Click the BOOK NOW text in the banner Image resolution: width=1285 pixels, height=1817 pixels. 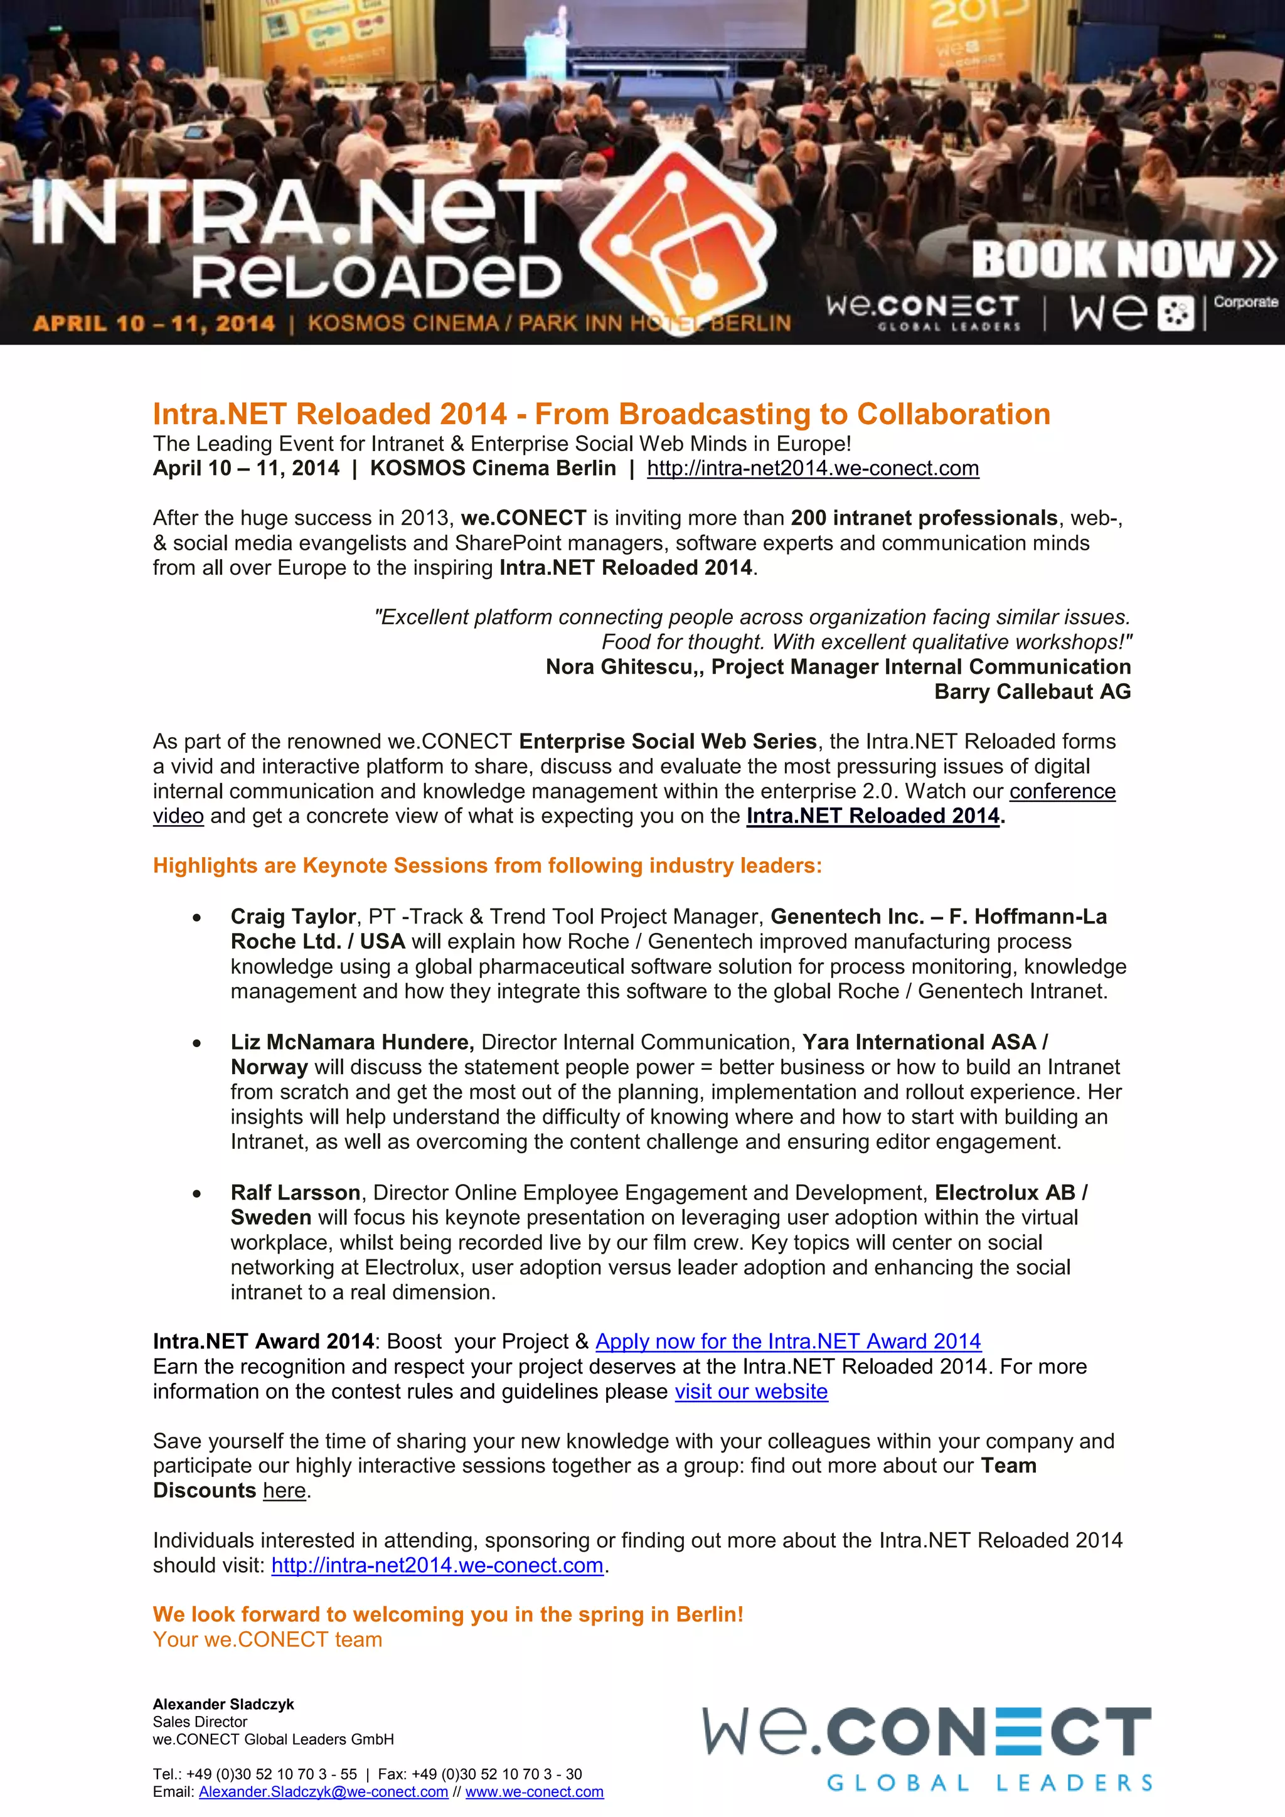[1104, 260]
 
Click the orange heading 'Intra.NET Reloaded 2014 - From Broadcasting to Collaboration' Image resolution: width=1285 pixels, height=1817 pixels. [601, 414]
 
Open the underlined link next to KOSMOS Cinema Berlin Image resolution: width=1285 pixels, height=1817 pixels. [813, 469]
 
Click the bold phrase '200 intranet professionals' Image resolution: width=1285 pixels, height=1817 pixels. [924, 518]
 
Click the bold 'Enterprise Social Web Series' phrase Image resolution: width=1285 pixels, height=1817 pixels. [667, 742]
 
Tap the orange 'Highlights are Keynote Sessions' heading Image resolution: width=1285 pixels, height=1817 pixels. [488, 866]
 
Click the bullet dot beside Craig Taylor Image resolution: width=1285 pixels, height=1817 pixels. [197, 918]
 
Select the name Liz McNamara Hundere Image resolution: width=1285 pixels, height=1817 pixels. [352, 1042]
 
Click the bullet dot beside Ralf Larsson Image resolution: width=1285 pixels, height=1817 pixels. [197, 1194]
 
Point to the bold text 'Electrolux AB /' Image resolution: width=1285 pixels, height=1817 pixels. [1010, 1193]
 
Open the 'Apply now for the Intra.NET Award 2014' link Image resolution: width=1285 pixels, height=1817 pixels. [788, 1341]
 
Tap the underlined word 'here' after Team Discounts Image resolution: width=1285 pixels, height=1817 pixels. [284, 1491]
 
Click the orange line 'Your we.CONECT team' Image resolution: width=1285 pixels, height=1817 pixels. [267, 1639]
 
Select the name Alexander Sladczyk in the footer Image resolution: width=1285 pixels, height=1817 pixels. [223, 1704]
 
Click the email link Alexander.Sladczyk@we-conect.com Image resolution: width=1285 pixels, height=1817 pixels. [323, 1792]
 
